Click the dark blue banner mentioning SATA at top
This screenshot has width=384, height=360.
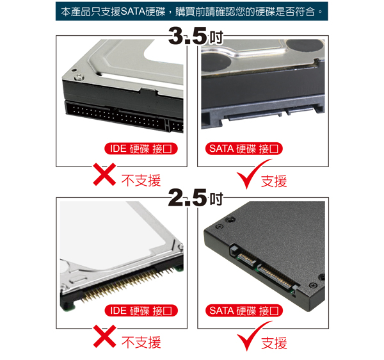191,12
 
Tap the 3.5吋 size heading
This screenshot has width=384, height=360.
196,37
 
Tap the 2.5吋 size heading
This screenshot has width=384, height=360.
196,198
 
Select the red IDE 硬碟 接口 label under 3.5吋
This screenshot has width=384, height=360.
141,149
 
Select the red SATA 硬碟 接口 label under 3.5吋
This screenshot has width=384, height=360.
244,149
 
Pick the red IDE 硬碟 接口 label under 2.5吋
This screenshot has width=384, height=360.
141,311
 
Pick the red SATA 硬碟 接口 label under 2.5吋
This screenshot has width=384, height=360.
244,311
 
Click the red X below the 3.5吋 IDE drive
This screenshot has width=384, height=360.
104,174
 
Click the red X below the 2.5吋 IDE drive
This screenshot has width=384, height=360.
104,336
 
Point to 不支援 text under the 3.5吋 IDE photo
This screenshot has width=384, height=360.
141,181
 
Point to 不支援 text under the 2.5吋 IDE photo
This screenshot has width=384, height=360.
141,342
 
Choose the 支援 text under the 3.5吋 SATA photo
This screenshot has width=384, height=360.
274,181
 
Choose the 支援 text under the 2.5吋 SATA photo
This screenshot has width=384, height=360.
274,343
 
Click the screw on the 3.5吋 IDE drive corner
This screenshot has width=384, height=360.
79,78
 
